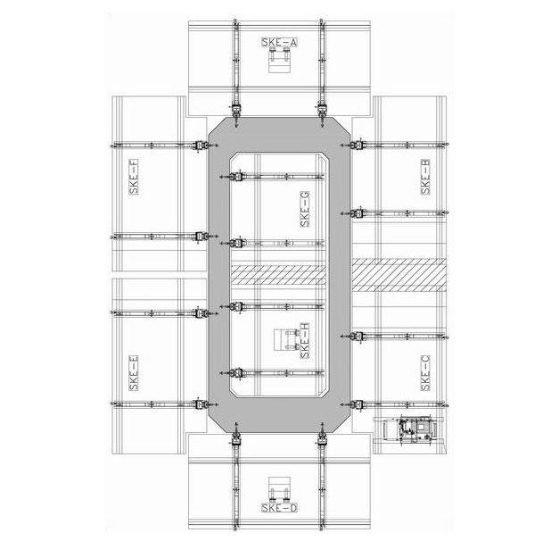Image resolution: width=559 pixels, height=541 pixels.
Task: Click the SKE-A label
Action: pyautogui.click(x=279, y=42)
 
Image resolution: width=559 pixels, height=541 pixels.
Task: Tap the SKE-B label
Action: pyautogui.click(x=425, y=177)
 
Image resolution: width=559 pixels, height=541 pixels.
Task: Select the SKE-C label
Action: pyautogui.click(x=425, y=373)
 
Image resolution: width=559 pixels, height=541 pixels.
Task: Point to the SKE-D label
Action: pyautogui.click(x=279, y=507)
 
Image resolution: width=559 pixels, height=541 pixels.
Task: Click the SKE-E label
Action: pyautogui.click(x=134, y=373)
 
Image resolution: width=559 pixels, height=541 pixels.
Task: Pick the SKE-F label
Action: pyautogui.click(x=134, y=177)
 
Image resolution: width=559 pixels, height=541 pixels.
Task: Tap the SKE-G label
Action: pyautogui.click(x=305, y=209)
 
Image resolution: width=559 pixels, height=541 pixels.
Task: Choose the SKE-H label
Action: pyautogui.click(x=305, y=341)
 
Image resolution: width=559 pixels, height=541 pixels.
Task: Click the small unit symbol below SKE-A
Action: pyautogui.click(x=279, y=61)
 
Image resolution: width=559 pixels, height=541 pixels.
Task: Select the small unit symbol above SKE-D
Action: pyautogui.click(x=279, y=489)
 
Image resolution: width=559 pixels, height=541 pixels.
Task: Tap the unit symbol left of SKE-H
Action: pyautogui.click(x=286, y=339)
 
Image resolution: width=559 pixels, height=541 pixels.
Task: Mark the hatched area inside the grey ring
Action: pyautogui.click(x=278, y=275)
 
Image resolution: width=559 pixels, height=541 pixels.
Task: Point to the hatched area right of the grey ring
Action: pyautogui.click(x=399, y=275)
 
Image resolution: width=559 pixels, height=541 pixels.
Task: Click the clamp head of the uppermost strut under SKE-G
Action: pyautogui.click(x=236, y=177)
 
